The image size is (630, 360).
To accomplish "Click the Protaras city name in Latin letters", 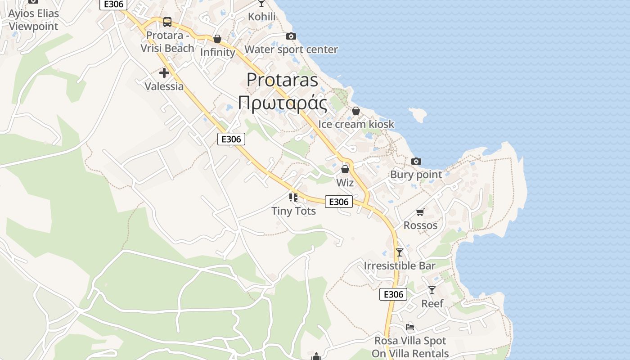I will (x=282, y=80).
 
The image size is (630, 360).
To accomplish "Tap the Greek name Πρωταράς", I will (x=282, y=103).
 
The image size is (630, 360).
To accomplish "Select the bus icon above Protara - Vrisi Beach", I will (x=167, y=22).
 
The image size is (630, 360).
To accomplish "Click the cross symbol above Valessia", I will (x=164, y=72).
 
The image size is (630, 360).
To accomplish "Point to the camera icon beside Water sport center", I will (x=291, y=36).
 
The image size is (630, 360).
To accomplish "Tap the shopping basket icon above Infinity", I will (x=217, y=39).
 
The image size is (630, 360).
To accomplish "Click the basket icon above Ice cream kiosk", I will (x=356, y=111).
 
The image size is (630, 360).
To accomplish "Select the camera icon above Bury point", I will (x=416, y=161).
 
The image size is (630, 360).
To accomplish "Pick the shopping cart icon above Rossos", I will (x=420, y=212).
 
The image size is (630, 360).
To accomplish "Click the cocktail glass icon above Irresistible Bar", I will (x=400, y=252).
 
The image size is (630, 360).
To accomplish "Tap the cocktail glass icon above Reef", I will (x=432, y=290).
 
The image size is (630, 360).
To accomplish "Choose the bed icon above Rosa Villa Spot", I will (x=409, y=327).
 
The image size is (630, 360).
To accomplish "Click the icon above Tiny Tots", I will (x=293, y=197).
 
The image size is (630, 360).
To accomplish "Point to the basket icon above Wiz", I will (x=345, y=170).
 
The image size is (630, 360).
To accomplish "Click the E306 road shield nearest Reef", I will (x=393, y=294).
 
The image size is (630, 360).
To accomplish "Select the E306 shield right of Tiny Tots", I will (x=338, y=202).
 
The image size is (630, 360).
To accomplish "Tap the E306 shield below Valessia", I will (x=231, y=139).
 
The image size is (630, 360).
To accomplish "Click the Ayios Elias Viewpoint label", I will (x=33, y=20).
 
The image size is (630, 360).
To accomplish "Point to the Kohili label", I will (x=262, y=17).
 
